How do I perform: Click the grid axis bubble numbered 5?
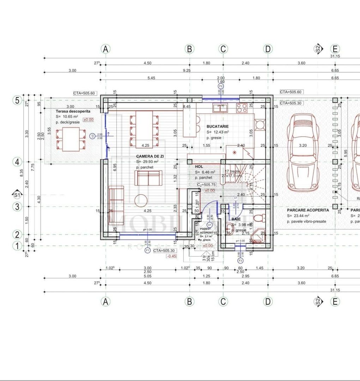coord(17,100)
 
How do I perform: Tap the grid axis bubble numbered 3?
coord(17,206)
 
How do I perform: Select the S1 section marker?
coord(17,194)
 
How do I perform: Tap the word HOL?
coord(199,166)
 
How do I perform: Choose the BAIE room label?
coord(236,219)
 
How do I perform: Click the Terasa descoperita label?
coord(73,111)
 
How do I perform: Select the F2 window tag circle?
coord(221,86)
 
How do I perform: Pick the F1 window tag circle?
coord(148,250)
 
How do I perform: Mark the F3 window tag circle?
coord(240,261)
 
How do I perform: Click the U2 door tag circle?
coord(92,135)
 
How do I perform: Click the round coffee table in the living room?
coord(141,201)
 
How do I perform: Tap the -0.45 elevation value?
coord(172,256)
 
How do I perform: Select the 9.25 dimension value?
coord(187,71)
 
